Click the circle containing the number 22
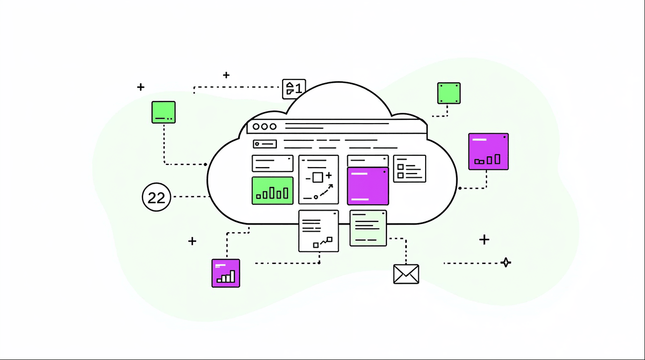(156, 197)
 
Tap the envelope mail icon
(406, 273)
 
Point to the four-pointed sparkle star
(505, 263)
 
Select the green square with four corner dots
(449, 93)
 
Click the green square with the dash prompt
(163, 112)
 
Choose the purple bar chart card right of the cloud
(488, 152)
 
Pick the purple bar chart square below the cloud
(226, 273)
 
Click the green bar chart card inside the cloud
(273, 190)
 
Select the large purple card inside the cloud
(368, 186)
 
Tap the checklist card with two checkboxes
(410, 169)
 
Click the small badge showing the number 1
(294, 89)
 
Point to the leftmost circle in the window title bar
(256, 127)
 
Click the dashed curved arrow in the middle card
(324, 191)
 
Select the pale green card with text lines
(368, 228)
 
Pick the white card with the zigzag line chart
(319, 231)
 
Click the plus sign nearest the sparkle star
(484, 240)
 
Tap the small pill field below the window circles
(265, 144)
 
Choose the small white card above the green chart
(273, 163)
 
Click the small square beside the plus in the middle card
(317, 177)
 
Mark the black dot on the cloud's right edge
(460, 188)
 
